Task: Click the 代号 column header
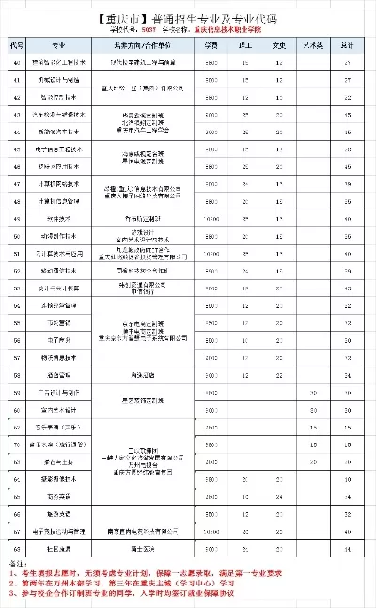[x=17, y=45]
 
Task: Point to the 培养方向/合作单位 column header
[x=149, y=45]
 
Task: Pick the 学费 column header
[x=212, y=45]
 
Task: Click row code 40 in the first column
[x=17, y=62]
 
